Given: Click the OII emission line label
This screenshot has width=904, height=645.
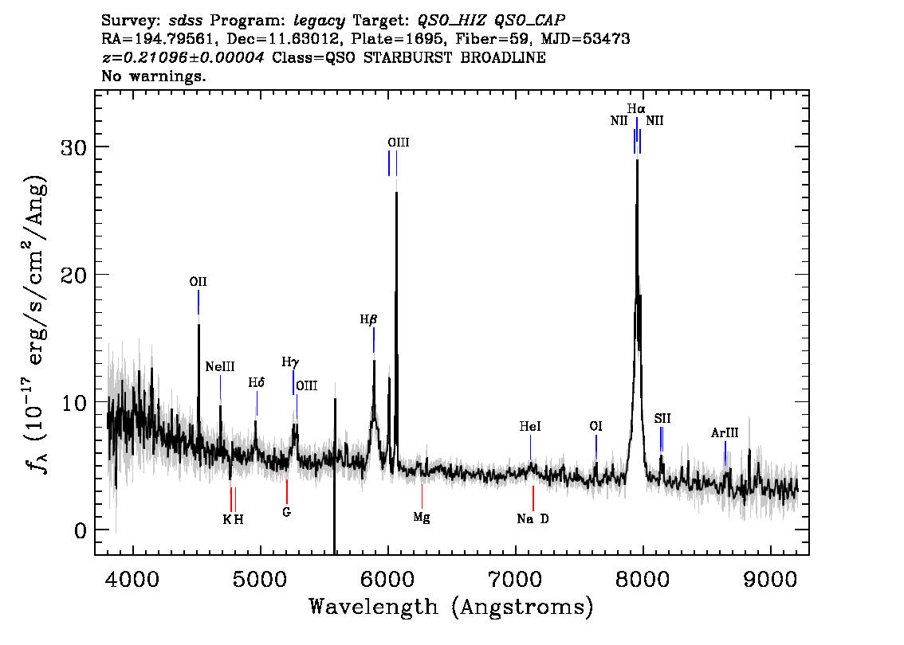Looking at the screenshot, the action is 198,282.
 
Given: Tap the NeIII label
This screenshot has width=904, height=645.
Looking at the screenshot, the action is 220,367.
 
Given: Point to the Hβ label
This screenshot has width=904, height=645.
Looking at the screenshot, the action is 368,319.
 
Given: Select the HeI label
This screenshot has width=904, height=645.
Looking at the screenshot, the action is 530,426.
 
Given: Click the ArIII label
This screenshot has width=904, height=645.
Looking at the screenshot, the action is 725,432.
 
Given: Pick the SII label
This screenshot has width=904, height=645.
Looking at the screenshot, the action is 662,418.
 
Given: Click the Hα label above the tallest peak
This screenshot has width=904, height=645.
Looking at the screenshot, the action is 636,108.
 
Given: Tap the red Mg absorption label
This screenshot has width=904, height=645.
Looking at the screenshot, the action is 422,517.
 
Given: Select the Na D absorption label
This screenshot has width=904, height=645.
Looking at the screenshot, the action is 533,519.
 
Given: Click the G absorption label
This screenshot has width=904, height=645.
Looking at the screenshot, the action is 286,511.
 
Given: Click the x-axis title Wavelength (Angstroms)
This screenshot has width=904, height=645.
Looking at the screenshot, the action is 451,607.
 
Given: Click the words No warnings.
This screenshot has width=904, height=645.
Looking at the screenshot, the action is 153,76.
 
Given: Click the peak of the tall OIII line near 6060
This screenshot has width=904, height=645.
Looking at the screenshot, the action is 396,192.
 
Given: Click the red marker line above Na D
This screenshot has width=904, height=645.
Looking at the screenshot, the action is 533,498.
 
